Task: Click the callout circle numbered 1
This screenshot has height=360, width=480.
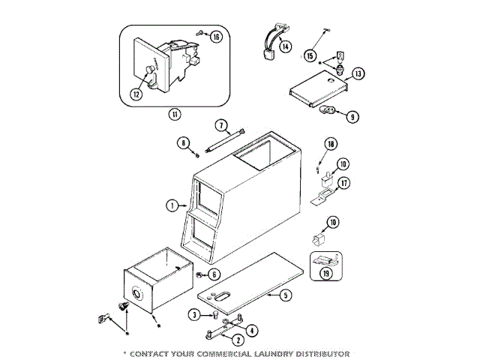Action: (x=171, y=205)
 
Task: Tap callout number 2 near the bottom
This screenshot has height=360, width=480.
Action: (x=238, y=340)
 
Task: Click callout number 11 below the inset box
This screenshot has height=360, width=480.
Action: (x=174, y=115)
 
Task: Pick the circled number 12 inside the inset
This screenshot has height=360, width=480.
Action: (x=136, y=94)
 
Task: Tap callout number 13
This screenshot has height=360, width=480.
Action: (x=358, y=73)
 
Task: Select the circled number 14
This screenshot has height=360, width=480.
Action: (x=285, y=46)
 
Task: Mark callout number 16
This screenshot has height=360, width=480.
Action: (x=216, y=37)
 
